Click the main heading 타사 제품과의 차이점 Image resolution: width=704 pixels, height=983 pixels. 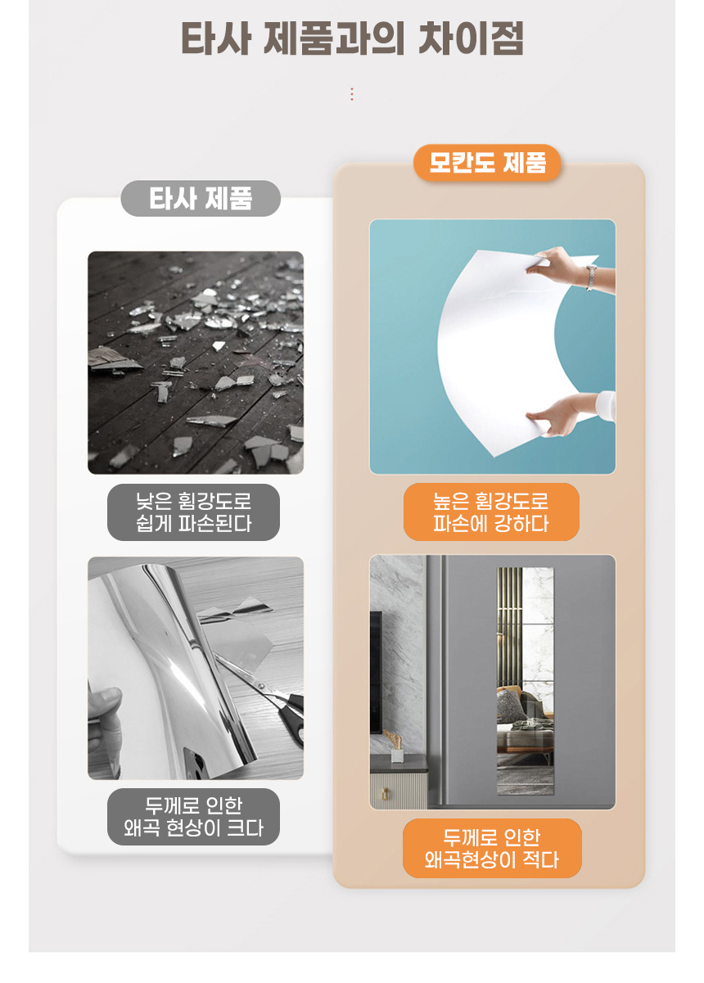coord(352,39)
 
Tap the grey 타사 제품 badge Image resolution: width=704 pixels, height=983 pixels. coord(201,198)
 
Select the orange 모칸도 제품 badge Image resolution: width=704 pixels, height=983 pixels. coord(487,162)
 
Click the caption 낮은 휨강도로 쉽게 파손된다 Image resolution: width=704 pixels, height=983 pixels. coord(193,512)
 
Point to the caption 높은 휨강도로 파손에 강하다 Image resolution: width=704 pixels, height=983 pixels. coord(491,512)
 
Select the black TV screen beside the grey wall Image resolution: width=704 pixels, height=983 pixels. coord(376,671)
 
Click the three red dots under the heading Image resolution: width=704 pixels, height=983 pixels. coord(352,94)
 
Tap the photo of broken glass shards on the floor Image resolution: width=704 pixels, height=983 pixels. coord(196,363)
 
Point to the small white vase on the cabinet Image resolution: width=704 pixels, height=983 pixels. coord(398,751)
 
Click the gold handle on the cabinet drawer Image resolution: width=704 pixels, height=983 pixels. coord(383,793)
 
